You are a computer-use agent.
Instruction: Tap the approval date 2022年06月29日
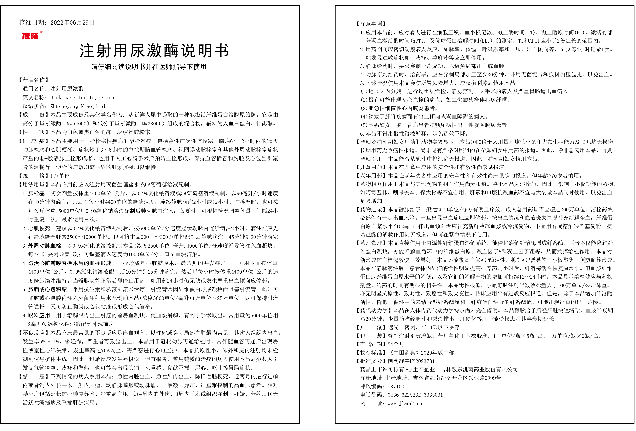tap(72, 23)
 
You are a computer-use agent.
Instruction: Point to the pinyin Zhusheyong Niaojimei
tap(78, 106)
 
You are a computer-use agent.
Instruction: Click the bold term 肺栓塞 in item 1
tap(36, 193)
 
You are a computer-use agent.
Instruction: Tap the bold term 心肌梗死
tap(39, 228)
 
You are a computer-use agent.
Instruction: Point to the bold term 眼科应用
tap(39, 316)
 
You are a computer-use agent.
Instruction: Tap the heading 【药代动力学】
tap(374, 310)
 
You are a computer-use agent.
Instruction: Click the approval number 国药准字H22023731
tap(411, 361)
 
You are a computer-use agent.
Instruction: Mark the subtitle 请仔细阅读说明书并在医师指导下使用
tap(149, 67)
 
